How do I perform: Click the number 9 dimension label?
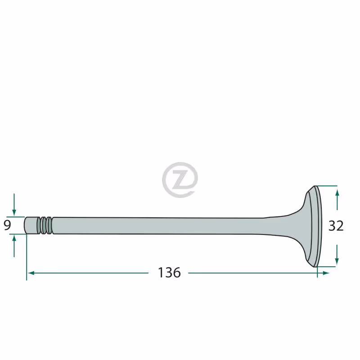pyautogui.click(x=7, y=225)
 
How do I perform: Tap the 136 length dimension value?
pyautogui.click(x=169, y=273)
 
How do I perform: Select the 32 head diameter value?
pyautogui.click(x=336, y=226)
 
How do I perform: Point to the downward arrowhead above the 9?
pyautogui.click(x=14, y=213)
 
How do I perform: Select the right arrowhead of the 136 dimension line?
pyautogui.click(x=326, y=273)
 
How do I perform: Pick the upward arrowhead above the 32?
pyautogui.click(x=337, y=193)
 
